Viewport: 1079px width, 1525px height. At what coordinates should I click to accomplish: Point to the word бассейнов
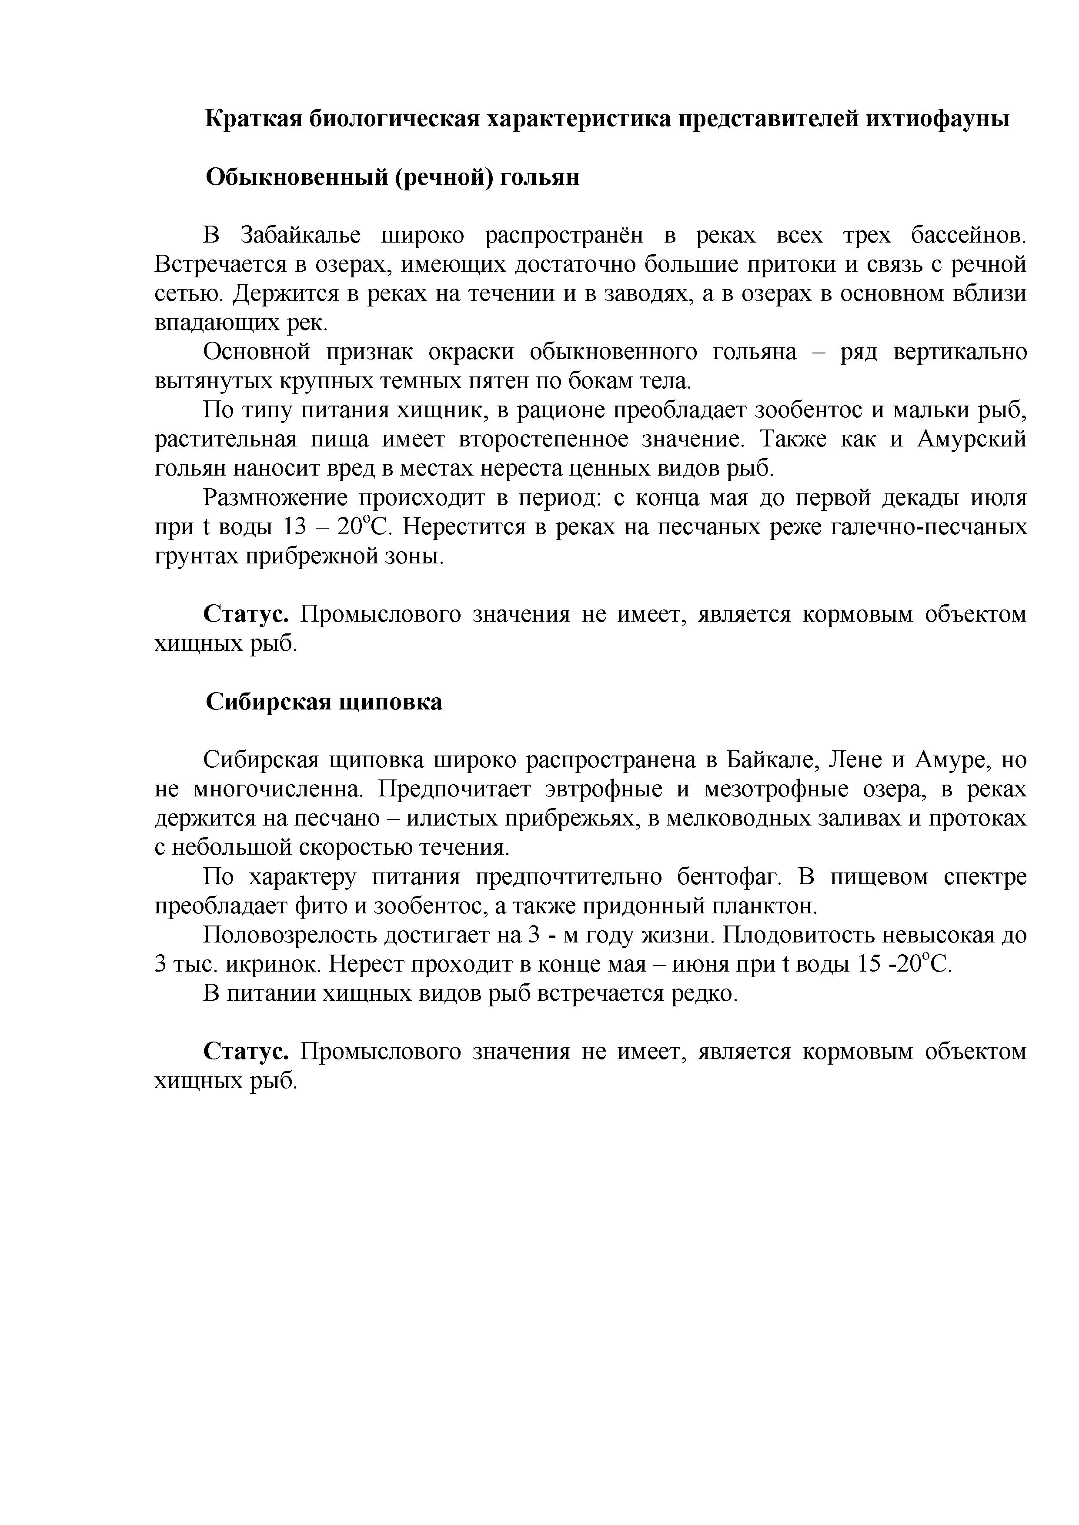click(967, 236)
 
